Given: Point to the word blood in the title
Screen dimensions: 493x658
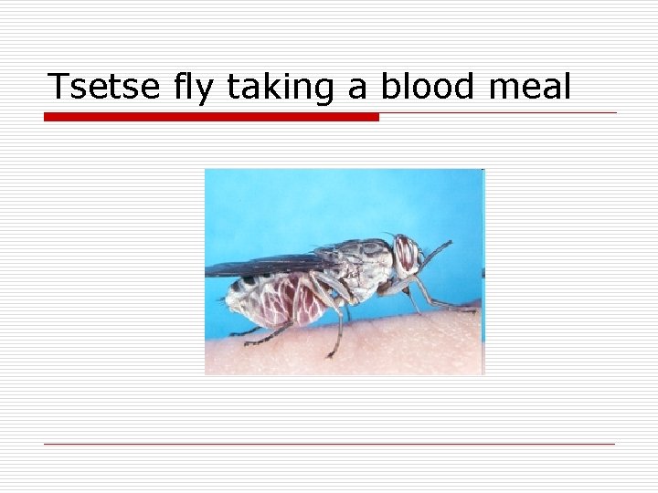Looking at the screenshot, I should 428,88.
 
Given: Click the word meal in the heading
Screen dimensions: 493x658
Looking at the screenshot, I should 530,88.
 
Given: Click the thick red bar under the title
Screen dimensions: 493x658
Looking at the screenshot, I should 211,117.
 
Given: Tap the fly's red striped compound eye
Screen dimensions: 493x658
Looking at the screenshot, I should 405,253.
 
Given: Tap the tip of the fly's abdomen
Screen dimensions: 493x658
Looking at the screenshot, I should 228,300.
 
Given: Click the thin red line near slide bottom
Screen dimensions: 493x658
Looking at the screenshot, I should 329,445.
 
